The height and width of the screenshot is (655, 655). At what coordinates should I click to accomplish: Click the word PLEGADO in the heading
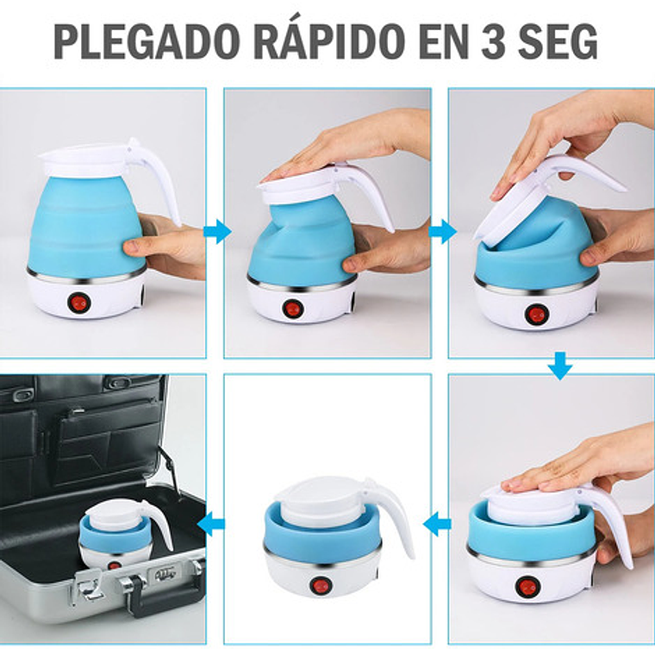147,41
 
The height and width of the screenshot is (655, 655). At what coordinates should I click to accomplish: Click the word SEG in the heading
558,41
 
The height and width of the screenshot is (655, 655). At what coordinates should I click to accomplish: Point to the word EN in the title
443,41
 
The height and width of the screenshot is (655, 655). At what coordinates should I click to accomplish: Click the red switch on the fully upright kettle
78,303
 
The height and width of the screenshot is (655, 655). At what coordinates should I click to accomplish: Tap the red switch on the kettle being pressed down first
292,309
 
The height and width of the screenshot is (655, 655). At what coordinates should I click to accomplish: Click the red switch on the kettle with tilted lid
536,315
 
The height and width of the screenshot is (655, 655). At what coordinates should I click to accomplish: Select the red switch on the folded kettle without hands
321,584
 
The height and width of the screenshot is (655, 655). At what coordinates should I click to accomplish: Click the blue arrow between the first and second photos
217,231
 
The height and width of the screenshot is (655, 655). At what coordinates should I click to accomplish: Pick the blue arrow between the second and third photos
443,231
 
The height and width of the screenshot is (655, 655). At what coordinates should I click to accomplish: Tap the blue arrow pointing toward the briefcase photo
211,524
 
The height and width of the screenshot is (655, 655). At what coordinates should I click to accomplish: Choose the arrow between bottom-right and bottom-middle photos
437,524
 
